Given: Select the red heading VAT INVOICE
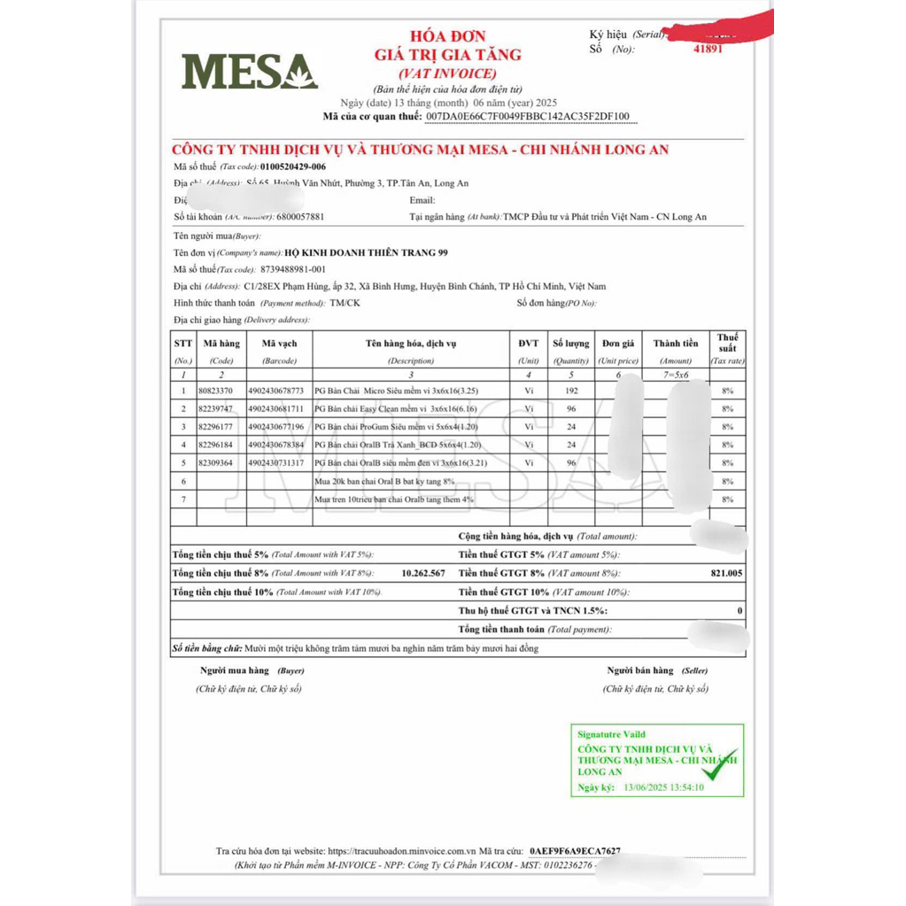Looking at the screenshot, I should (447, 74).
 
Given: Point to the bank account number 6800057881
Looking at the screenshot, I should (300, 216).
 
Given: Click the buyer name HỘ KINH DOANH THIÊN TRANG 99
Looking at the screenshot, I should (372, 252).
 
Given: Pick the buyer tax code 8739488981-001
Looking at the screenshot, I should (293, 269).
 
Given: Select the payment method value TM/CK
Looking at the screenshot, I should (345, 303).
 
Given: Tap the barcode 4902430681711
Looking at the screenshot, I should (276, 408).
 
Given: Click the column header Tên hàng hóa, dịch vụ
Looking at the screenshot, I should (411, 344).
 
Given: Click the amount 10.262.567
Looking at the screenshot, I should (423, 573).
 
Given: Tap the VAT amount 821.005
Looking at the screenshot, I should (726, 573).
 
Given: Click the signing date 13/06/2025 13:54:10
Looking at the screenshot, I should (663, 786).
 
